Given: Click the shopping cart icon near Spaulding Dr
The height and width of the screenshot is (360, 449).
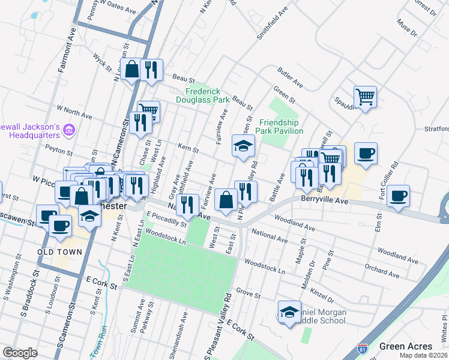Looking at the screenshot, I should pos(365,97).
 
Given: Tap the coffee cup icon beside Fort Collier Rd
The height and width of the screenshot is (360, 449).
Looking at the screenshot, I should pos(366,153).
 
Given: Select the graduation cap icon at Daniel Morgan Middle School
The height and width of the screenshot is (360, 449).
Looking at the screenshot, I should pos(289,312).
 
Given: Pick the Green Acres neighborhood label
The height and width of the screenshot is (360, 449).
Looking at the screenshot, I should pos(405,346).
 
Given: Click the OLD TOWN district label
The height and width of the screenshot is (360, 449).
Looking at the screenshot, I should pos(59,252).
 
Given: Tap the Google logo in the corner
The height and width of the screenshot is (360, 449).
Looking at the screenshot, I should pos(20,353).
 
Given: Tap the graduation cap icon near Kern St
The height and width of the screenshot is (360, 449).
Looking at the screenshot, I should pos(243,146).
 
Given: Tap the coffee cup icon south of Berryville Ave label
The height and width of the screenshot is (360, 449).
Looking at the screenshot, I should pos(398,196).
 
